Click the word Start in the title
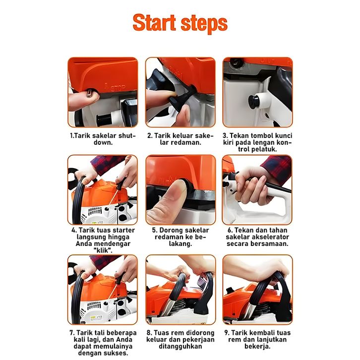(154, 22)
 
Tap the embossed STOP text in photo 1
(118, 88)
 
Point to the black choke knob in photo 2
(181, 96)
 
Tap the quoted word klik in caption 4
(103, 250)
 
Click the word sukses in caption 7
(117, 353)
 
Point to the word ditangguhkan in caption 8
(180, 346)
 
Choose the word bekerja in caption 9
(257, 346)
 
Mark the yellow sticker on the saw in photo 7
(96, 317)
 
